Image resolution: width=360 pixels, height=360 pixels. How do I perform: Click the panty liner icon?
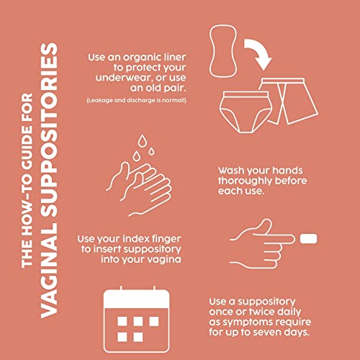[223, 51]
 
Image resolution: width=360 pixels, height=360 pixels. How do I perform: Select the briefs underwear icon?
[246, 112]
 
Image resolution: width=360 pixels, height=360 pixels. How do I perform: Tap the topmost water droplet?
[142, 141]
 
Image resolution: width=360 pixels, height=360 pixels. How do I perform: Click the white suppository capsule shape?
[308, 238]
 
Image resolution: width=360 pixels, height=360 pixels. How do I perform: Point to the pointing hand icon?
[262, 243]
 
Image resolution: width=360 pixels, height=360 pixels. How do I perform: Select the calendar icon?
[137, 319]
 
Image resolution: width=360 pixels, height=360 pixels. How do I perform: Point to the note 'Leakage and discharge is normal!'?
[136, 100]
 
